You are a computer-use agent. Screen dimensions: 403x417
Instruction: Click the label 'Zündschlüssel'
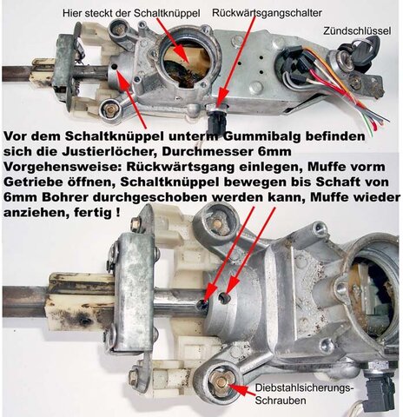[x=357, y=30]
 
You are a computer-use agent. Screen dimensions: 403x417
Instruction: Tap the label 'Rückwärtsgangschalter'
[x=267, y=13]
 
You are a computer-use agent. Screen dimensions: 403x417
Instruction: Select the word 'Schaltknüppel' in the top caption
[x=167, y=13]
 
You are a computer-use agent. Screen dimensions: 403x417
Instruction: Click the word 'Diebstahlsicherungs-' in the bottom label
[x=304, y=388]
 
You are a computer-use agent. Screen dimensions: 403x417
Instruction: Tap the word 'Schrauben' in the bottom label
[x=281, y=400]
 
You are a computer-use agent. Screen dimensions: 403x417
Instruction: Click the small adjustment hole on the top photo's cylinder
[x=114, y=67]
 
